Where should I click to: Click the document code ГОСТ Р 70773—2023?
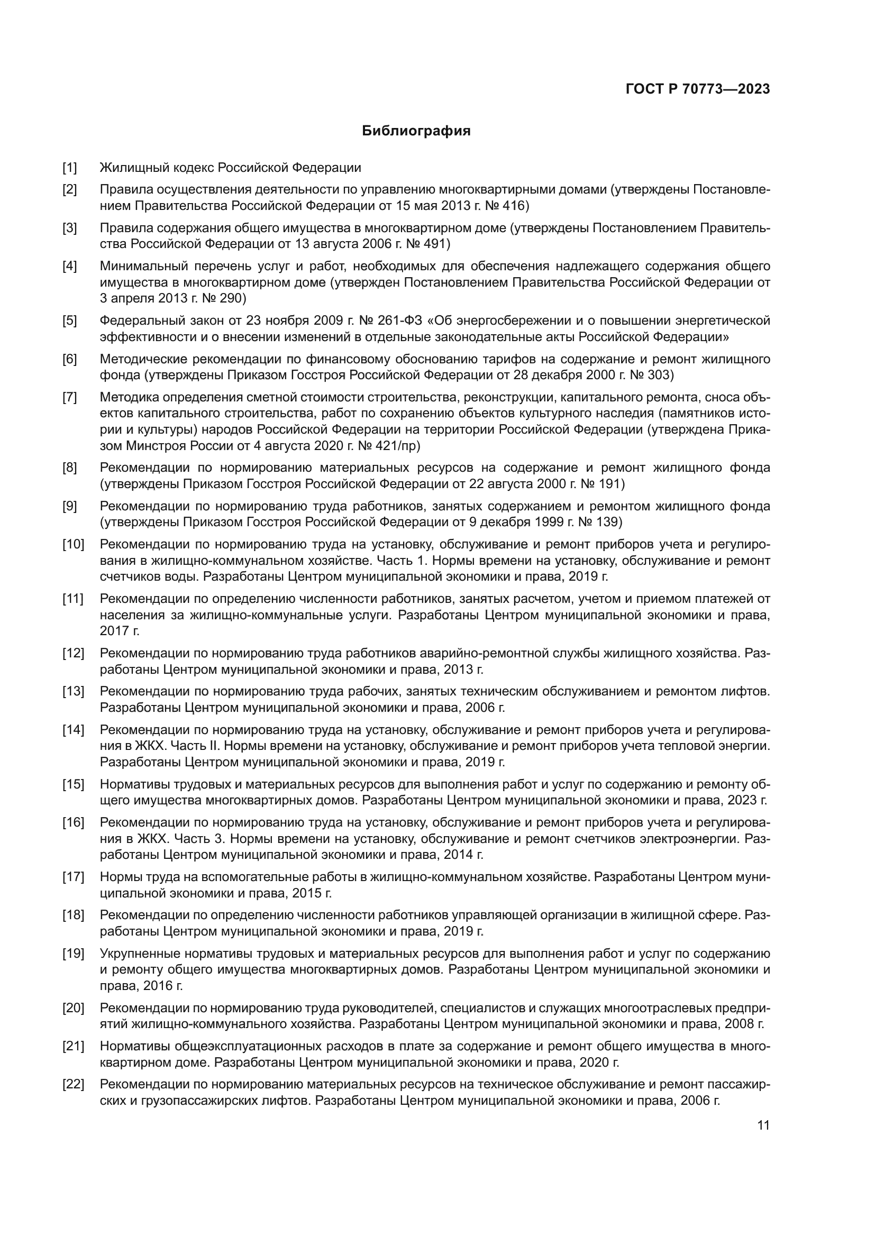698,89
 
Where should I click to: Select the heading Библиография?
416,131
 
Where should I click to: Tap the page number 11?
763,1125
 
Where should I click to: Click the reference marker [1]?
69,168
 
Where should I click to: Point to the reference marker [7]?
69,398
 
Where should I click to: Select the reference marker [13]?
72,691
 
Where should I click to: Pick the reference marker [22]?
72,1084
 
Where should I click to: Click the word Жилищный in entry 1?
135,168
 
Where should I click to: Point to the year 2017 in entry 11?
113,631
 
